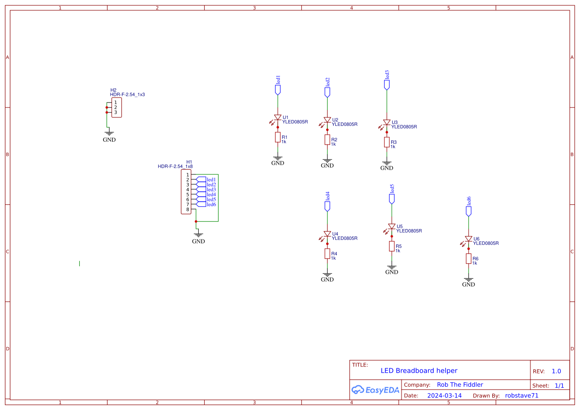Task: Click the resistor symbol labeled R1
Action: pyautogui.click(x=278, y=137)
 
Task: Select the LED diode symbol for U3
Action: pyautogui.click(x=387, y=122)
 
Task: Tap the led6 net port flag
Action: pyautogui.click(x=468, y=211)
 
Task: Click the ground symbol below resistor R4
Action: pyautogui.click(x=327, y=274)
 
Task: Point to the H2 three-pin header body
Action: pyautogui.click(x=116, y=108)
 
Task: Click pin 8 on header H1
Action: pyautogui.click(x=187, y=209)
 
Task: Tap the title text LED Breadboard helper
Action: pyautogui.click(x=419, y=371)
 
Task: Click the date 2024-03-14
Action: pyautogui.click(x=444, y=396)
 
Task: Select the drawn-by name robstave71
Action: pyautogui.click(x=522, y=396)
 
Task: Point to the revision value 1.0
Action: pyautogui.click(x=556, y=371)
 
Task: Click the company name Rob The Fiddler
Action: pyautogui.click(x=460, y=385)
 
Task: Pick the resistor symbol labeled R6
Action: pyautogui.click(x=468, y=259)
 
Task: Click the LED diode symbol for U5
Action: pyautogui.click(x=392, y=227)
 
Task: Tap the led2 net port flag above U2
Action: pyautogui.click(x=327, y=92)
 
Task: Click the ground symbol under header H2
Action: pyautogui.click(x=109, y=133)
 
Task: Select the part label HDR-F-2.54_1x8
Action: pyautogui.click(x=175, y=167)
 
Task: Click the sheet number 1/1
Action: pyautogui.click(x=559, y=385)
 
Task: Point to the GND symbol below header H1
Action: pyautogui.click(x=198, y=234)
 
